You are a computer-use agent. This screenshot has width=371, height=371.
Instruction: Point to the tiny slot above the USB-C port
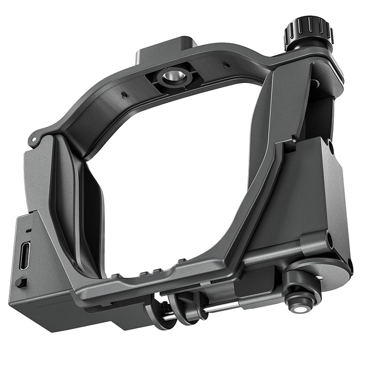[28, 230]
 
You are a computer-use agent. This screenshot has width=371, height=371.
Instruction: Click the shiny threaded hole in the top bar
[174, 76]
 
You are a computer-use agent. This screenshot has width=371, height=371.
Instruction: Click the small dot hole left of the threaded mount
[125, 96]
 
